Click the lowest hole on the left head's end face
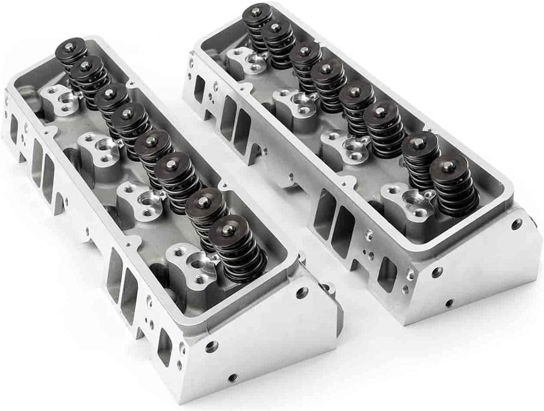232,378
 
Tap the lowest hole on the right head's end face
449,303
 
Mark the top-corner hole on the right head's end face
517,225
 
